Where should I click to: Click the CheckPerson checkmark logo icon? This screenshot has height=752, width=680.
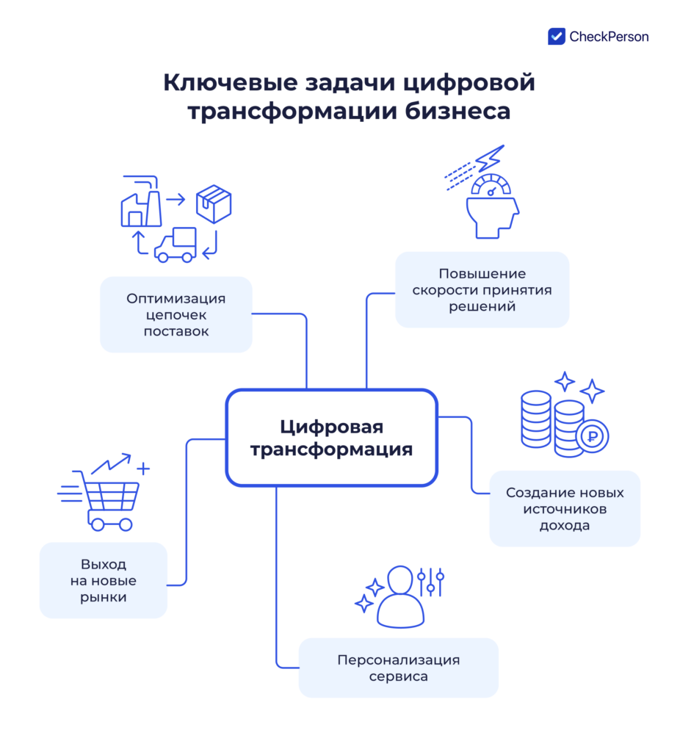pos(557,36)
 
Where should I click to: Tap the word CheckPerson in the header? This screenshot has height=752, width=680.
pos(609,36)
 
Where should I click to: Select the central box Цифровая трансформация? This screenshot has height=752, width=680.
pos(331,438)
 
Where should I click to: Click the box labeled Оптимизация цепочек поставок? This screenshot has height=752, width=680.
pos(176,315)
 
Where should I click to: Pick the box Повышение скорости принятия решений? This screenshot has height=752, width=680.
pos(482,290)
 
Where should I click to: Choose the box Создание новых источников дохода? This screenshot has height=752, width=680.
pos(565,509)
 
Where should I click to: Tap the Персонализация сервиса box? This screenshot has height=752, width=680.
pos(398,668)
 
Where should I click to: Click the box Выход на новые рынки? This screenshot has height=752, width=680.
pos(104,580)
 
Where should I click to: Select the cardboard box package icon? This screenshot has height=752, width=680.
pos(214,203)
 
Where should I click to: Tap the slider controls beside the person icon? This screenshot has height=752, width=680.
pos(430,581)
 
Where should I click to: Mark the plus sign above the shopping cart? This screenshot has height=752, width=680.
pos(143,468)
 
